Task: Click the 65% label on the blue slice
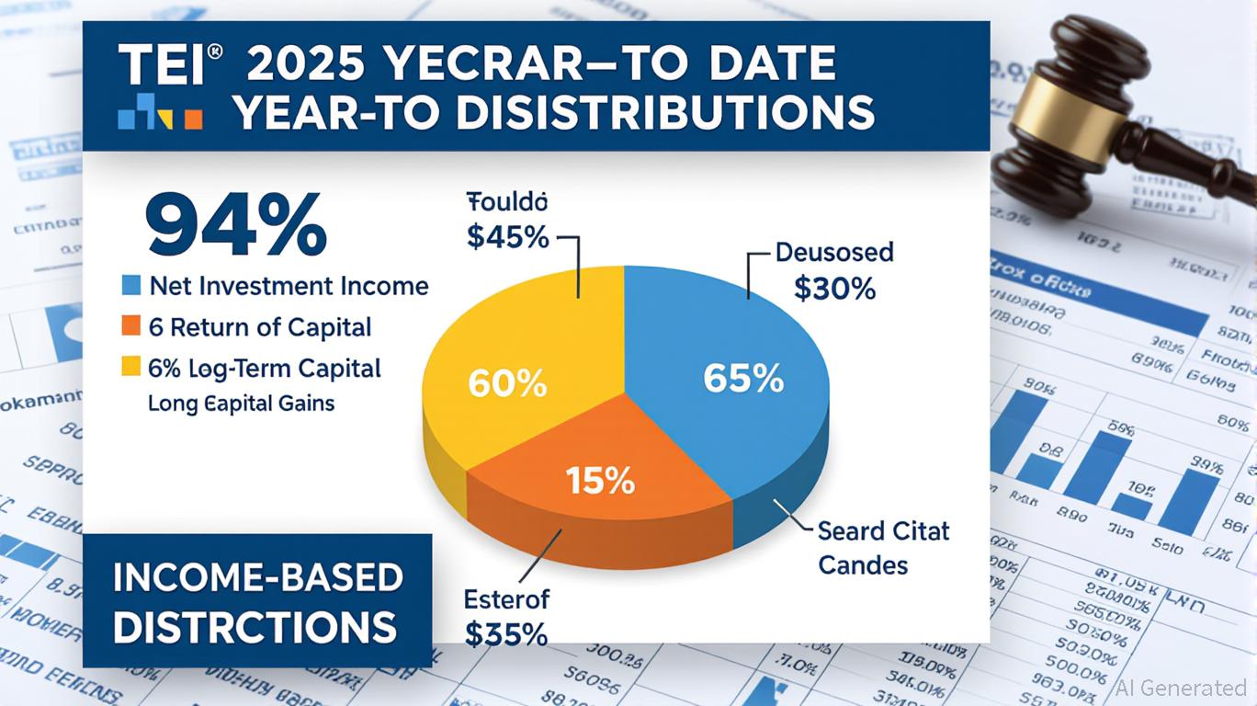pyautogui.click(x=742, y=378)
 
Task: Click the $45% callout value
pyautogui.click(x=507, y=237)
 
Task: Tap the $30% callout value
pyautogui.click(x=834, y=289)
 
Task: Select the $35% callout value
pyautogui.click(x=506, y=634)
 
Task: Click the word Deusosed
pyautogui.click(x=834, y=251)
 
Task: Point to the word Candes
pyautogui.click(x=863, y=564)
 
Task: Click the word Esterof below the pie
pyautogui.click(x=506, y=600)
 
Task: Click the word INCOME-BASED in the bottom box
pyautogui.click(x=257, y=578)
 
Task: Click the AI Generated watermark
pyautogui.click(x=1181, y=688)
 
